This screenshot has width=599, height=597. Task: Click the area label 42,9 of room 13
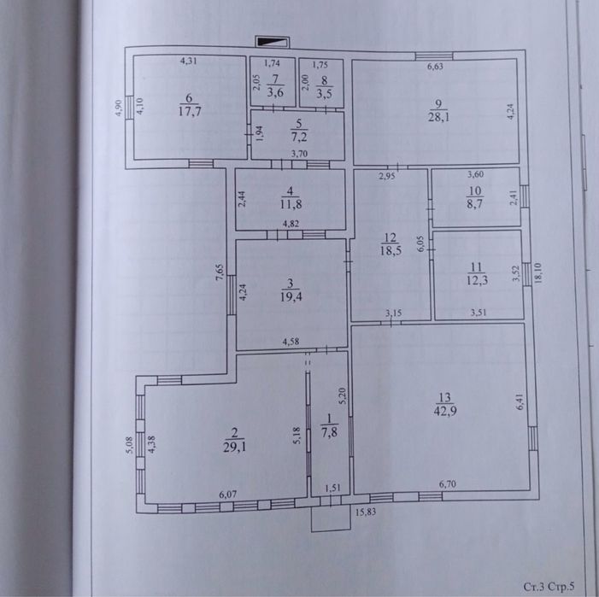(x=443, y=409)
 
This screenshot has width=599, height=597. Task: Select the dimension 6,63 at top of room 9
(x=435, y=66)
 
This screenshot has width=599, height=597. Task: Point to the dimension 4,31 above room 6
(x=189, y=61)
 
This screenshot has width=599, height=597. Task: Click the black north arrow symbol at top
(x=272, y=40)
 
